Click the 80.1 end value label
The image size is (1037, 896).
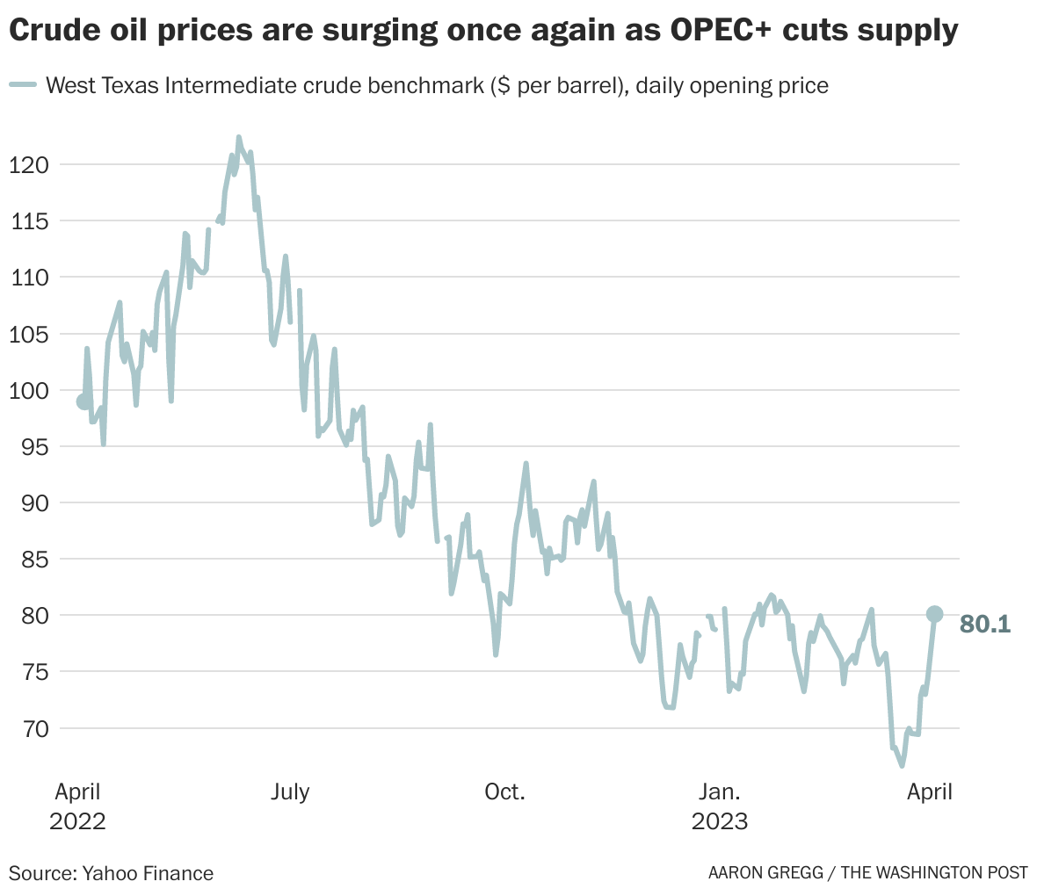[985, 625]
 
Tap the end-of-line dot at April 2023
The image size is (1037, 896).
[935, 614]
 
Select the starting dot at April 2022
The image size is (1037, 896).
[84, 401]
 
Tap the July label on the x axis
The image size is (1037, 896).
[290, 791]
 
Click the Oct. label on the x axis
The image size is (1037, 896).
[504, 791]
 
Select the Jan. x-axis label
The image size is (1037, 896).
[719, 791]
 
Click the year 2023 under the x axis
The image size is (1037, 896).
[720, 821]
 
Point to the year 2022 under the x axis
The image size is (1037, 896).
[77, 821]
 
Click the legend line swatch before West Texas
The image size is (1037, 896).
[23, 85]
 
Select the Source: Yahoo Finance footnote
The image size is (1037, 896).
[112, 873]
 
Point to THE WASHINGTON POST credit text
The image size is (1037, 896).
[934, 873]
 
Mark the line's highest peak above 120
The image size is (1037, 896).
[238, 137]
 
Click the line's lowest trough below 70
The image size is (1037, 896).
[902, 766]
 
